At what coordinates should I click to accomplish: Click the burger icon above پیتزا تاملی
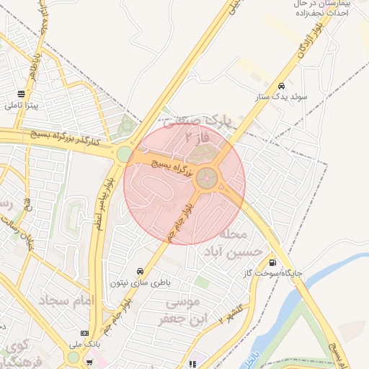22,93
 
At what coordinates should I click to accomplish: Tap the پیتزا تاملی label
22,105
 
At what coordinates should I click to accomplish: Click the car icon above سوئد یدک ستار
281,85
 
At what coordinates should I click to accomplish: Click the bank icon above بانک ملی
85,333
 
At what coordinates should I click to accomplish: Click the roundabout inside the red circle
208,177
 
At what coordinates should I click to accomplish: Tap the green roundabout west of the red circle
125,154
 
